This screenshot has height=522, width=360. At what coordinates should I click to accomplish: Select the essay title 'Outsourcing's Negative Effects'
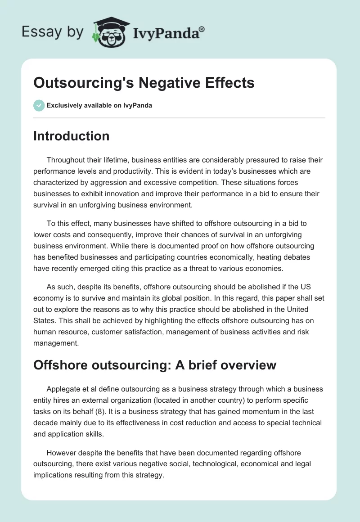pyautogui.click(x=144, y=83)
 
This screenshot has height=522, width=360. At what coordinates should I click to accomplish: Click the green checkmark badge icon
pyautogui.click(x=39, y=106)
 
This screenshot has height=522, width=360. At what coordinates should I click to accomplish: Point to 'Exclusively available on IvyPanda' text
pyautogui.click(x=99, y=106)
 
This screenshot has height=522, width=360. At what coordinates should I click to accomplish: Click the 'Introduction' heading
pyautogui.click(x=71, y=136)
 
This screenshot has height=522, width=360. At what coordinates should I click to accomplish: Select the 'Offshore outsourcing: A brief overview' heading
pyautogui.click(x=155, y=364)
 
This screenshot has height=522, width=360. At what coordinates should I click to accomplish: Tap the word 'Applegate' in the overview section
pyautogui.click(x=64, y=389)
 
